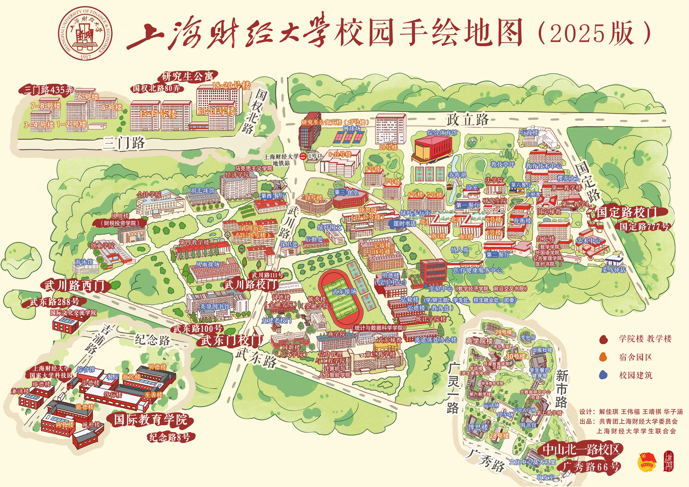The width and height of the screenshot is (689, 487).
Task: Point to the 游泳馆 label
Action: [x=84, y=262]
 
